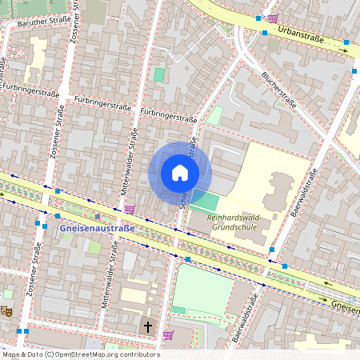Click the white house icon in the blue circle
(x=180, y=173)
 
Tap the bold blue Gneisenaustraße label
(x=98, y=228)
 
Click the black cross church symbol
(x=146, y=326)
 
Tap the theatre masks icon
(x=7, y=311)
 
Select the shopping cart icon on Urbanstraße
(x=273, y=18)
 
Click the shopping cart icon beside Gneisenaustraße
(x=130, y=210)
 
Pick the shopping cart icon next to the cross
(x=168, y=335)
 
